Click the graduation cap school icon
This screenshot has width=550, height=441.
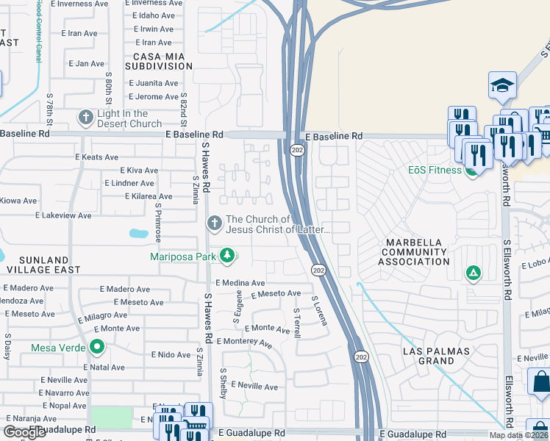tap(502, 85)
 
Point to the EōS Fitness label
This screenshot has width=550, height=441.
tap(434, 170)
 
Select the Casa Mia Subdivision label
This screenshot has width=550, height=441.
tap(157, 60)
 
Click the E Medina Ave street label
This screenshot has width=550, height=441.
tap(240, 283)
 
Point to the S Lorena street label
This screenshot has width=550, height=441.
tap(318, 313)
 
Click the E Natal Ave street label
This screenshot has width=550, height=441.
tap(107, 366)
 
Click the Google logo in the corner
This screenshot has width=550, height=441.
tap(24, 432)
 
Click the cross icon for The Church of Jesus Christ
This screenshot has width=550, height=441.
tap(214, 221)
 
